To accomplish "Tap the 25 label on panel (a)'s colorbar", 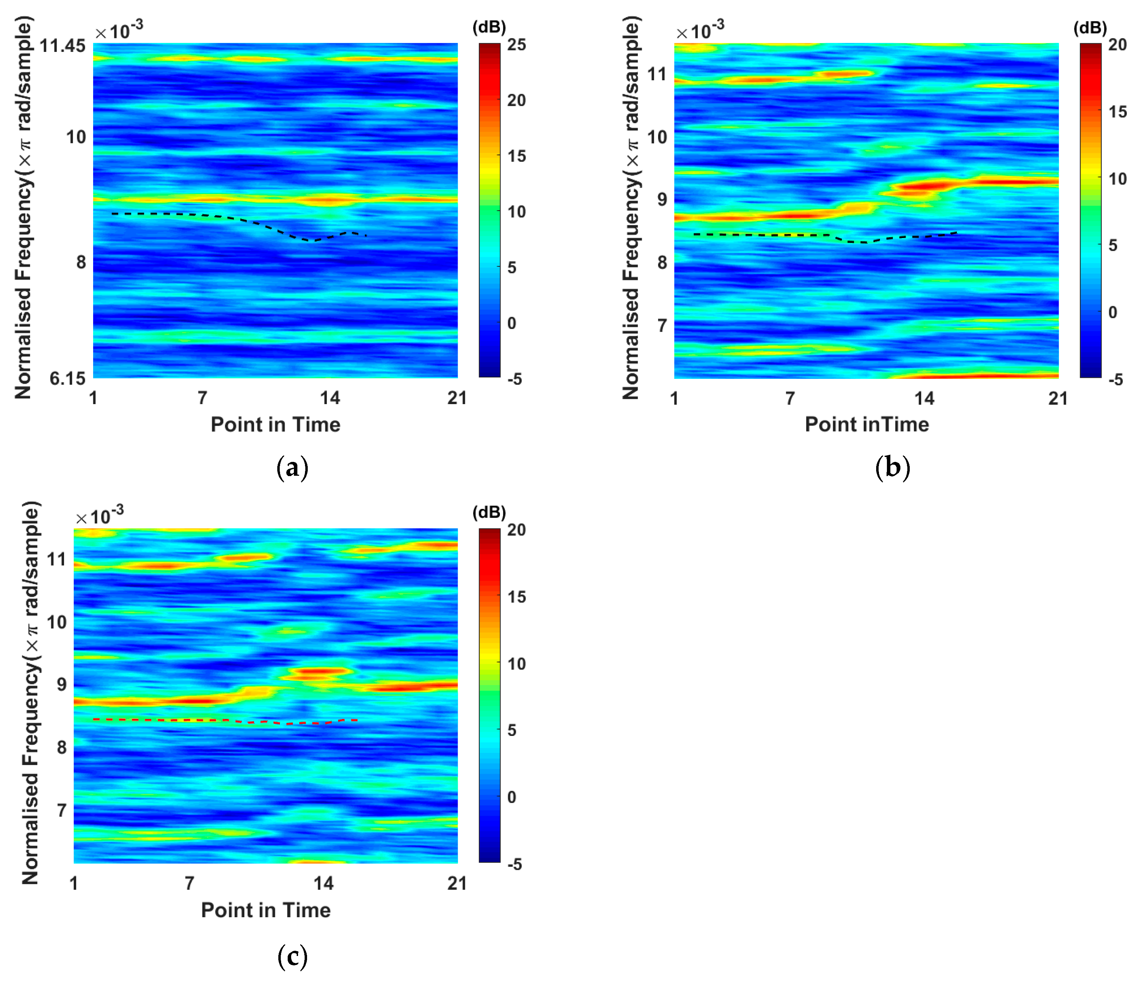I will pyautogui.click(x=516, y=45).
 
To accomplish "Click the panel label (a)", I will pyautogui.click(x=292, y=468).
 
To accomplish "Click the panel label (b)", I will pyautogui.click(x=892, y=468).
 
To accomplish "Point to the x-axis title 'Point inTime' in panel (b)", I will pyautogui.click(x=867, y=424).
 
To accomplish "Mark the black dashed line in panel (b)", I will pyautogui.click(x=771, y=235).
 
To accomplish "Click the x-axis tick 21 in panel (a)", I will pyautogui.click(x=457, y=398).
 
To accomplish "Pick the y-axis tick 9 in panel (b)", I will pyautogui.click(x=662, y=199).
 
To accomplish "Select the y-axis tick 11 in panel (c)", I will pyautogui.click(x=56, y=559).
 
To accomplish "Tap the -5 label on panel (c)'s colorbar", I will pyautogui.click(x=514, y=864).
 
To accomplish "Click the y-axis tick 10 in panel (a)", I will pyautogui.click(x=76, y=137).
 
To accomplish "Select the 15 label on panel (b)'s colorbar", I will pyautogui.click(x=1117, y=112).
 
